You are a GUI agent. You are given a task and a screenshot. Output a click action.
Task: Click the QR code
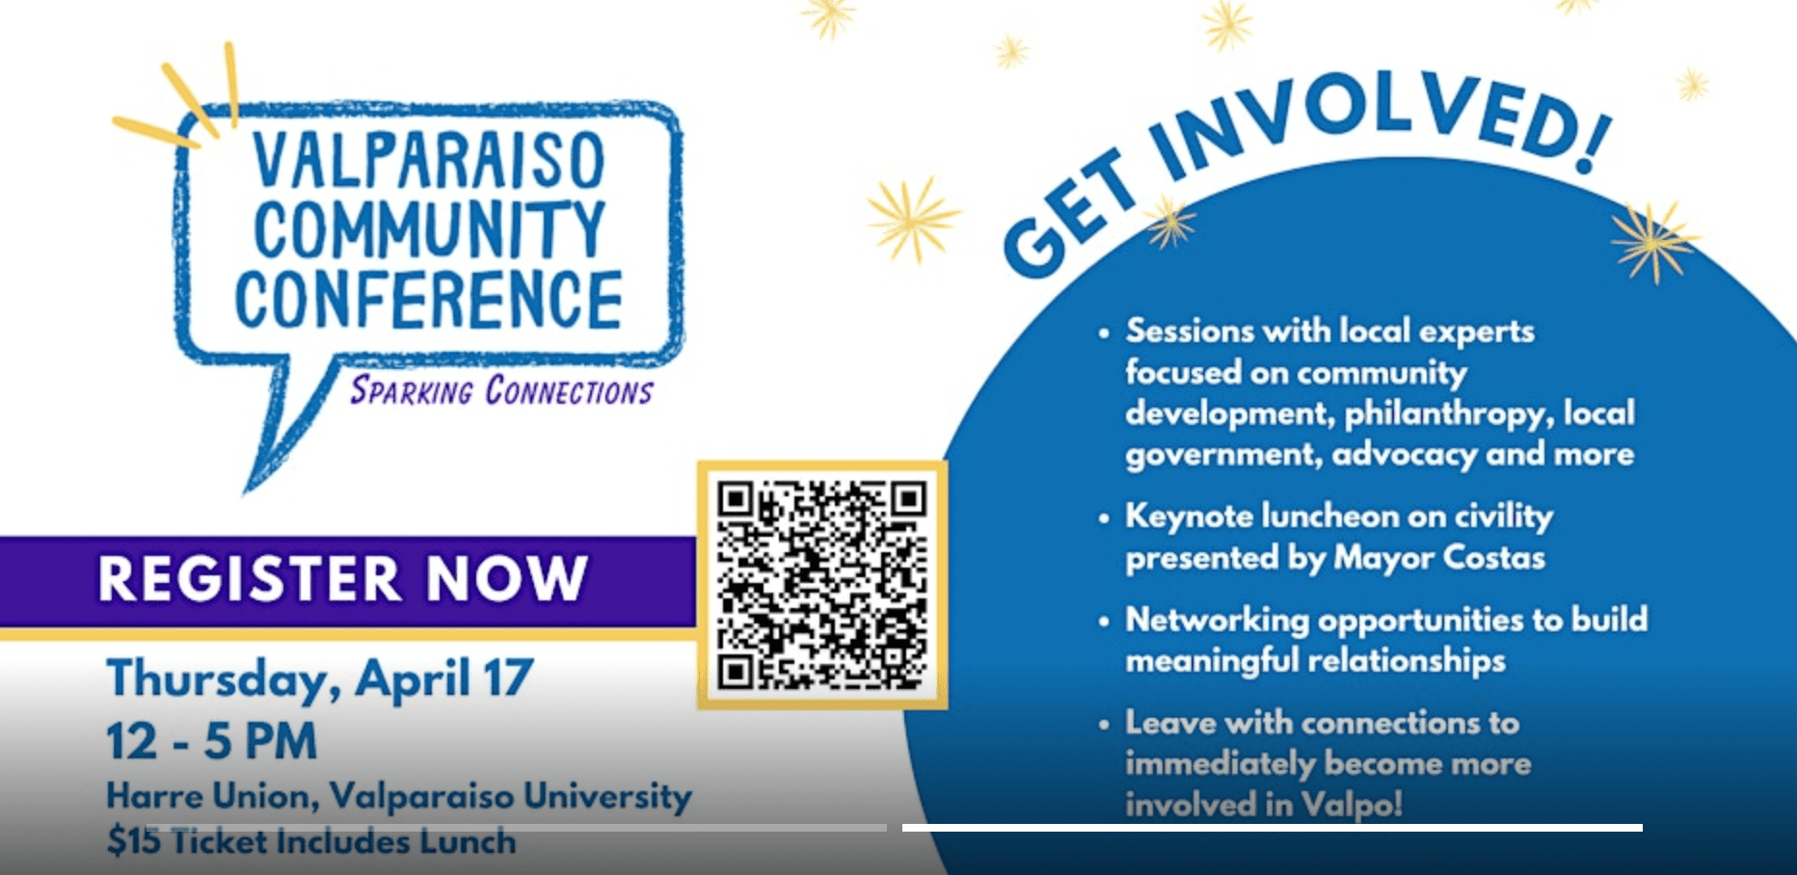click(821, 585)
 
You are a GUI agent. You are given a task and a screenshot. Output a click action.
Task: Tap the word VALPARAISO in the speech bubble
click(429, 161)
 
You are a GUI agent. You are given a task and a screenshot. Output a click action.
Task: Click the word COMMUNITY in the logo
click(430, 229)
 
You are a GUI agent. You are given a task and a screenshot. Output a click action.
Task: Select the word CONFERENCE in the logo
click(429, 300)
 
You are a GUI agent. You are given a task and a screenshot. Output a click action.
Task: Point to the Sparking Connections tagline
click(501, 390)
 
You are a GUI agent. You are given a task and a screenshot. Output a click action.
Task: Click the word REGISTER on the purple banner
click(249, 579)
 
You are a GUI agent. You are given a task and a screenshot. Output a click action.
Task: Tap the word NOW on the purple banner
click(507, 578)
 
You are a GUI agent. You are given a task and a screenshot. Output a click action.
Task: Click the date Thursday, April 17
click(320, 679)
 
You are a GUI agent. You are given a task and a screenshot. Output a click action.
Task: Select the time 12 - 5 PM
click(212, 741)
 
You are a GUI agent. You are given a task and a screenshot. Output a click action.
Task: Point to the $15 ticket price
click(134, 841)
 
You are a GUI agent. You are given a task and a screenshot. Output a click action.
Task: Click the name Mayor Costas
click(1439, 558)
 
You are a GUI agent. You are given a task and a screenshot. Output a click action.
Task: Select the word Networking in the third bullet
click(1218, 620)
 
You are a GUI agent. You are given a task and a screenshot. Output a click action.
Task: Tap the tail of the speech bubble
click(289, 424)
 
